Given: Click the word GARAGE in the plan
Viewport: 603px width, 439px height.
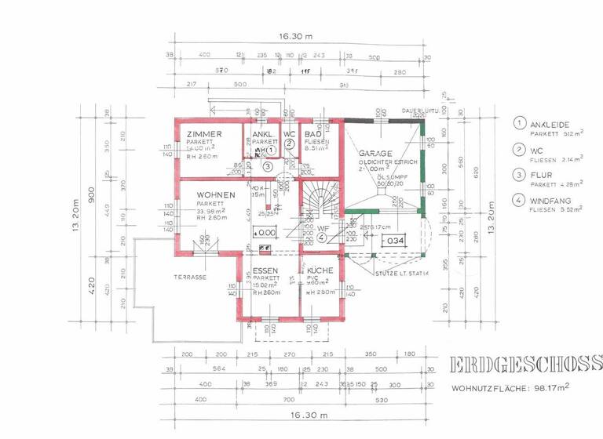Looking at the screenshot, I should pos(375,152).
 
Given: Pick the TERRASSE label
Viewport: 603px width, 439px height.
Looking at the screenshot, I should pos(191,278).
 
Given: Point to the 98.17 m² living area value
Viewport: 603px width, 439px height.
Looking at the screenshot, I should pos(552,386).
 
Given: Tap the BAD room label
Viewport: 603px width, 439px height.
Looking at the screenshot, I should pos(311,134).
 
